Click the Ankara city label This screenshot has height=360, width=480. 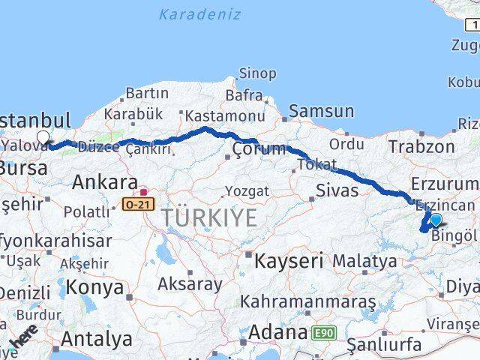104,182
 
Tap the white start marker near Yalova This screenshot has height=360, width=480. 43,137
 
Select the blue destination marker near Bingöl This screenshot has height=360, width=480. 436,220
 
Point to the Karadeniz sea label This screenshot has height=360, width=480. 200,14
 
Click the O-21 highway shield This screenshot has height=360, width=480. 138,202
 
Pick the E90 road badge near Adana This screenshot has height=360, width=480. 325,331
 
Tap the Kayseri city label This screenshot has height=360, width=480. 288,261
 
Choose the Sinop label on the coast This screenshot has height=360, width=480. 257,73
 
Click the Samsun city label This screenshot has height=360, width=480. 322,111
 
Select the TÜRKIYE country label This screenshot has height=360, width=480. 209,218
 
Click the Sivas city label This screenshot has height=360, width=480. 337,190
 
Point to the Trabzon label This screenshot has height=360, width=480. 422,147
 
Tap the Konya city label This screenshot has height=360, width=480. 94,287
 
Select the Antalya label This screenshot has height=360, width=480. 96,338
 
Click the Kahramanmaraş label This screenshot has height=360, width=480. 307,301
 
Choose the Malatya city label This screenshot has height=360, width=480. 364,261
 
